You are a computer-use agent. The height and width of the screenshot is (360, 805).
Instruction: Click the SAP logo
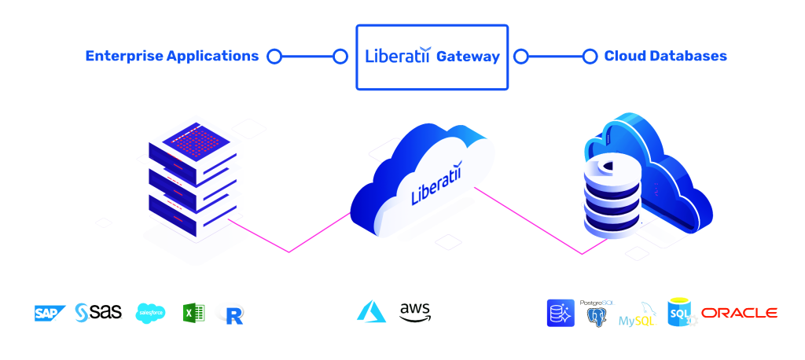(50, 314)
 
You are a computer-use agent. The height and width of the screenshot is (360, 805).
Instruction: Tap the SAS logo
(98, 312)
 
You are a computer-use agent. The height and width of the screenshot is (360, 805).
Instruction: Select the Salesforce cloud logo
(150, 313)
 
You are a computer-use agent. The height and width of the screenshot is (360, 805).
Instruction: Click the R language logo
(233, 314)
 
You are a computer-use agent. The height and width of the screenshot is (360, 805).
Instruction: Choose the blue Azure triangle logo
(371, 311)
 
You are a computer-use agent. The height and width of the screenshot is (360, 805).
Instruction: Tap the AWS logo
(415, 312)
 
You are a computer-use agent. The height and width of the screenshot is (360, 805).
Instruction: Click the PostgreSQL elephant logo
(597, 314)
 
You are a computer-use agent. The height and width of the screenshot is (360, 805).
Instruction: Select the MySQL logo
(637, 315)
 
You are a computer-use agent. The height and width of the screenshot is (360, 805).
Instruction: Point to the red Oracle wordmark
(739, 313)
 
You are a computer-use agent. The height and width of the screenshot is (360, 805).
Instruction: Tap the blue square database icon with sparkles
(561, 313)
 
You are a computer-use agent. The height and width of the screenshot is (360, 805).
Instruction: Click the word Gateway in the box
(468, 57)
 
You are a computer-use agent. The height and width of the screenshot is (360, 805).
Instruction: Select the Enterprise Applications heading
(172, 56)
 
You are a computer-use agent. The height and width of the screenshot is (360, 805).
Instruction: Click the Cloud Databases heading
(665, 56)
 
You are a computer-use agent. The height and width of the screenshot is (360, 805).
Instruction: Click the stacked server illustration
(193, 178)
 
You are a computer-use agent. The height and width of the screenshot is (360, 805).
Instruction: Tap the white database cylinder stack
(612, 198)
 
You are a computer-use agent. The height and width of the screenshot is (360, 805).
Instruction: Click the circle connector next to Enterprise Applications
(274, 57)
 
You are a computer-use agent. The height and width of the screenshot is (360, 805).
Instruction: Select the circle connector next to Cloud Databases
(590, 57)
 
